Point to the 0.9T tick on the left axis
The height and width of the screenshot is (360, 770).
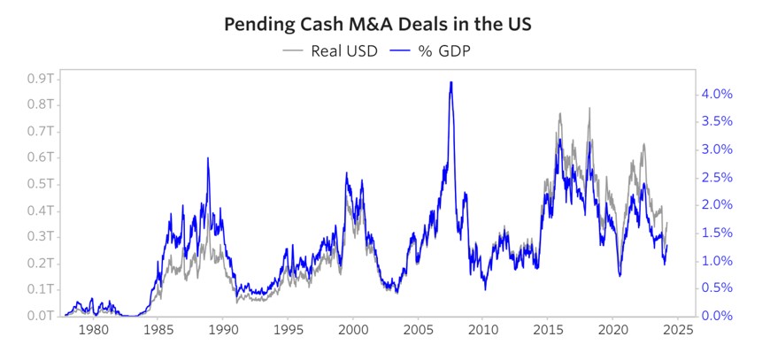pyautogui.click(x=41, y=79)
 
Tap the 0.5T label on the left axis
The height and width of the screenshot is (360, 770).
pyautogui.click(x=41, y=184)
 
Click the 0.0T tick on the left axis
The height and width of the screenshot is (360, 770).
pyautogui.click(x=41, y=316)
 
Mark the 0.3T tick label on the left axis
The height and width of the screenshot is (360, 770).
pyautogui.click(x=41, y=237)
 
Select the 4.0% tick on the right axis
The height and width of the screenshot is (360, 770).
pyautogui.click(x=718, y=94)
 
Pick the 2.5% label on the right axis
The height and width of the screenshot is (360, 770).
pyautogui.click(x=718, y=177)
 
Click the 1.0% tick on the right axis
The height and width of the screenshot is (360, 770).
pyautogui.click(x=718, y=260)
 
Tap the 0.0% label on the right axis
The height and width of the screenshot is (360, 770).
pyautogui.click(x=718, y=316)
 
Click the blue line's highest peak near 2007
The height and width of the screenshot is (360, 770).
pyautogui.click(x=451, y=82)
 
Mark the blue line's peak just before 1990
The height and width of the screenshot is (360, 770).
pyautogui.click(x=208, y=158)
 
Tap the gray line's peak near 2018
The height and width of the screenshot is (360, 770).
pyautogui.click(x=589, y=108)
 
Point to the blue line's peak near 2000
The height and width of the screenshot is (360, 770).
pyautogui.click(x=346, y=173)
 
